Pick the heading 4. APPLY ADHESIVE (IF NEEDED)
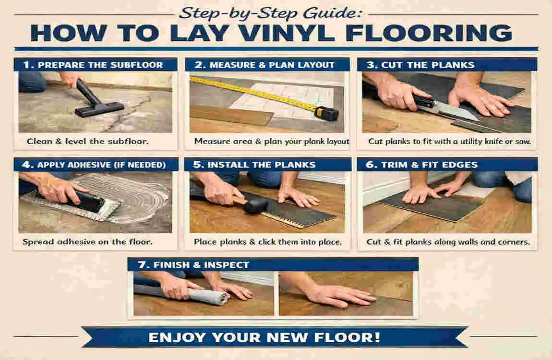pos(95,165)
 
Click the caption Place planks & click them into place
pos(267,242)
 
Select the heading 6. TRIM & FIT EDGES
pos(422,165)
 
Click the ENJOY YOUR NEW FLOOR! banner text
pos(264,337)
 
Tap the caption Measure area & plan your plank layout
pos(272,142)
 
